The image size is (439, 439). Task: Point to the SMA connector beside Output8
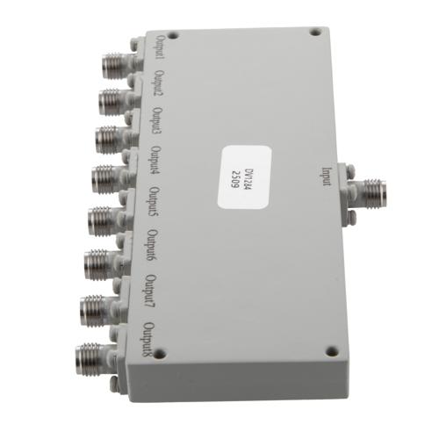click(91, 356)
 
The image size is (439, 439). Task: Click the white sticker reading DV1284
click(241, 175)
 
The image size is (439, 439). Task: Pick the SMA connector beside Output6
click(99, 260)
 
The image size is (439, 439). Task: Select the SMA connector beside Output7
click(96, 307)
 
